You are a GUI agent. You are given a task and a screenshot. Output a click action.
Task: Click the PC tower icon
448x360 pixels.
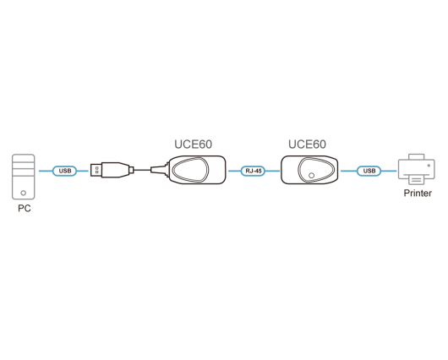24,177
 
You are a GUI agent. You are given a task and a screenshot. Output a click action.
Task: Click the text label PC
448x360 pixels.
25,208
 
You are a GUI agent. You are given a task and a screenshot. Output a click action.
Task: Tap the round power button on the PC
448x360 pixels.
24,193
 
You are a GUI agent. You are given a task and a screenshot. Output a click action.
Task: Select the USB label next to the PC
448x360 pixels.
65,171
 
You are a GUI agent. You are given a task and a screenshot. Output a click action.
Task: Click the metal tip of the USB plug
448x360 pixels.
96,171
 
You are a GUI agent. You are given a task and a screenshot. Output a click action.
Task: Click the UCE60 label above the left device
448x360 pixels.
193,145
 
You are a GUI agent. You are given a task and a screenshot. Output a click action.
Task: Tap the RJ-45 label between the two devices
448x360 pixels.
254,171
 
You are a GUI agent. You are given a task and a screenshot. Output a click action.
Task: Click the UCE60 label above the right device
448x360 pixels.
307,145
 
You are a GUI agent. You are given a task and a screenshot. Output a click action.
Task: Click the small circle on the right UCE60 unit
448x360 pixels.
312,176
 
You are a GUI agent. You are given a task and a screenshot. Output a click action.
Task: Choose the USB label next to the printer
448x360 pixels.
369,171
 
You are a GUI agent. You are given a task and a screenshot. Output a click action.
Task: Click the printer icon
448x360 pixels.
417,169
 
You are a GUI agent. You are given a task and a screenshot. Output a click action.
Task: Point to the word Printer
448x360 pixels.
418,194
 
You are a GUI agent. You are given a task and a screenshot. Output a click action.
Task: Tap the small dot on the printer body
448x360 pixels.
429,166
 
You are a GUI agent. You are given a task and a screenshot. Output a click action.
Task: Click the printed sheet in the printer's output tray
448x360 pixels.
417,180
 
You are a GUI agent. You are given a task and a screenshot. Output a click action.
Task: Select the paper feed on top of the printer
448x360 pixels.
417,157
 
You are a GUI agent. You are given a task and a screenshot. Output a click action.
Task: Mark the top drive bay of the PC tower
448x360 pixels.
24,159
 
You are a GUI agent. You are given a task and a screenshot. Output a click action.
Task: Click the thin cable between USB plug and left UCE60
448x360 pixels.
142,171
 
